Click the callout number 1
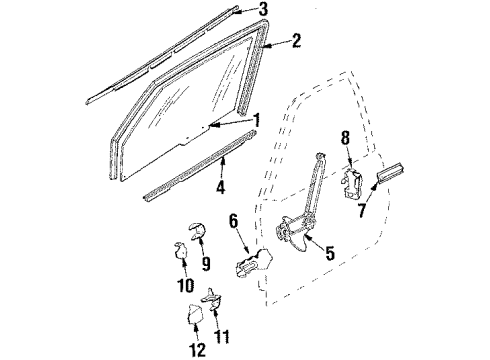[x=258, y=119]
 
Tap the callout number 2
[x=296, y=42]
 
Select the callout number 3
[x=263, y=10]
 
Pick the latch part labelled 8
[x=351, y=181]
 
